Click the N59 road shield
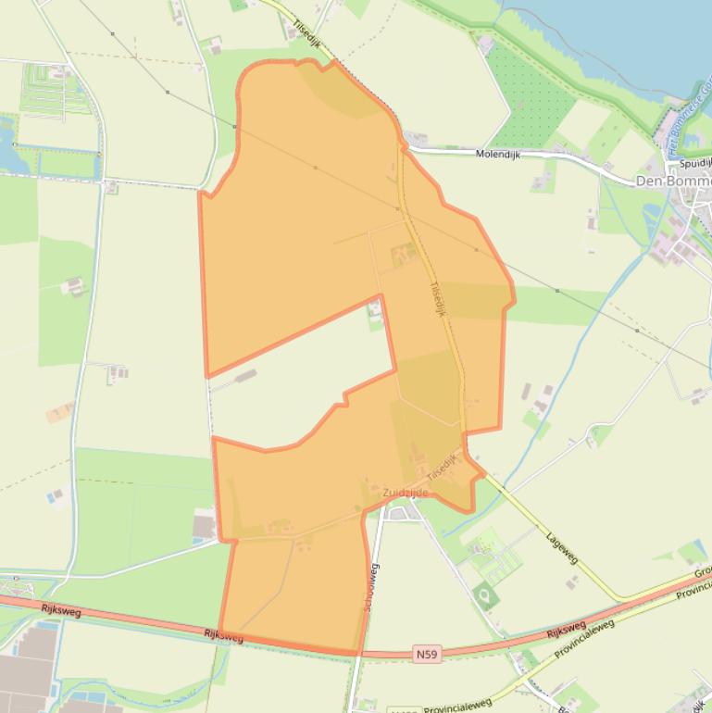coord(426,655)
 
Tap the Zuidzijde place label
coord(406,493)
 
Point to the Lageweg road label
coord(561,546)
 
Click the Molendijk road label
coord(498,155)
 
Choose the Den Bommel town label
coord(673,181)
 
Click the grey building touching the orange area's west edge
coord(205,527)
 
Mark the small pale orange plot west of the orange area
coord(59,412)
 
